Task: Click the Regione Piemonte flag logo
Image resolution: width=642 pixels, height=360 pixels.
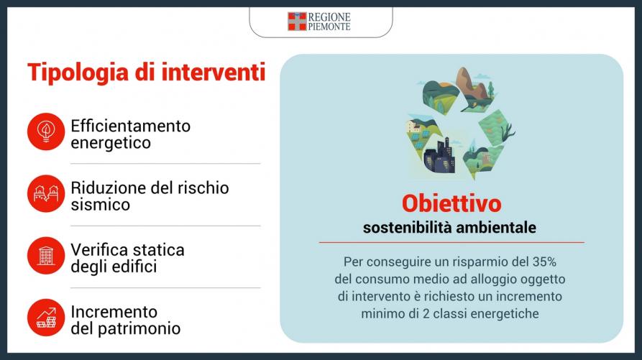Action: pos(297,22)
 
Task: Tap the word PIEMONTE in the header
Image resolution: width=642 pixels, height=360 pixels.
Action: pos(329,27)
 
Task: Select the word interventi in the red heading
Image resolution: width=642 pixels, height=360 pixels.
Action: pos(214,72)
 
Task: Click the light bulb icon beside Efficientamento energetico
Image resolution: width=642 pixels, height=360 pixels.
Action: pos(46,131)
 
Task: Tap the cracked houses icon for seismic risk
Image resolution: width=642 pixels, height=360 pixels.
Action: pos(46,193)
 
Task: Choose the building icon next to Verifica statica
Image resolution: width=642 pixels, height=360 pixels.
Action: pos(46,255)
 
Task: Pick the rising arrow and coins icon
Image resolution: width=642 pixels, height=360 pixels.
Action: pos(46,318)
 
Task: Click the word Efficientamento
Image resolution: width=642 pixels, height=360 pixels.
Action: pos(131,126)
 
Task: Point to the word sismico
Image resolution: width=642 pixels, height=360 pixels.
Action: pos(101,205)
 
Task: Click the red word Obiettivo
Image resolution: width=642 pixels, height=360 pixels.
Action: pos(451,204)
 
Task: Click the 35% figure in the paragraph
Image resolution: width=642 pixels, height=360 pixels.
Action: pos(544,262)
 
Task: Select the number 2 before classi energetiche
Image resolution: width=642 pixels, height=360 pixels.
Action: pos(426,314)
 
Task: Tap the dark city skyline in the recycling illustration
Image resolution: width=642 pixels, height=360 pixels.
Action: pos(440,157)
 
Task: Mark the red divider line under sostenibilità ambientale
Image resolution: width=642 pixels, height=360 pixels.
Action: pos(451,243)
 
